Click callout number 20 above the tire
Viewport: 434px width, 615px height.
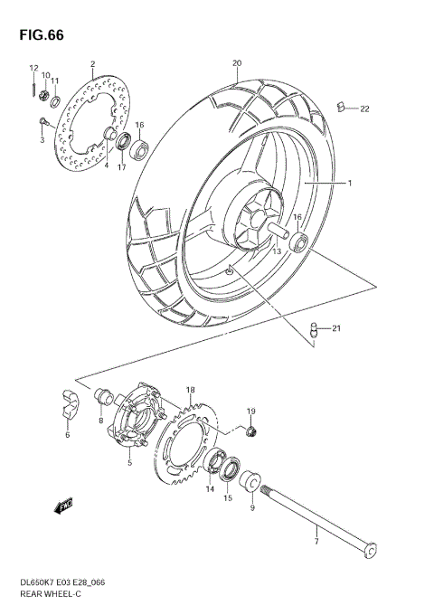pos(237,63)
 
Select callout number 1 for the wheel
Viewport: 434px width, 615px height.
pos(349,183)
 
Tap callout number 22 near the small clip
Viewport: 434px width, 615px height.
pos(364,109)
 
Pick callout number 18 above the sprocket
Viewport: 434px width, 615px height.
pos(190,390)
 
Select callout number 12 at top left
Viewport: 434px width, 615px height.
pos(33,69)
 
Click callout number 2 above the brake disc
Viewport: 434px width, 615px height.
pos(92,63)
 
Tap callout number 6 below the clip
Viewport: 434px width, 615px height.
pos(67,435)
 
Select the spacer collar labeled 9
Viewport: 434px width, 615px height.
pos(252,478)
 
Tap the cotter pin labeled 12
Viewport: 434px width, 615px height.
pos(33,89)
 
